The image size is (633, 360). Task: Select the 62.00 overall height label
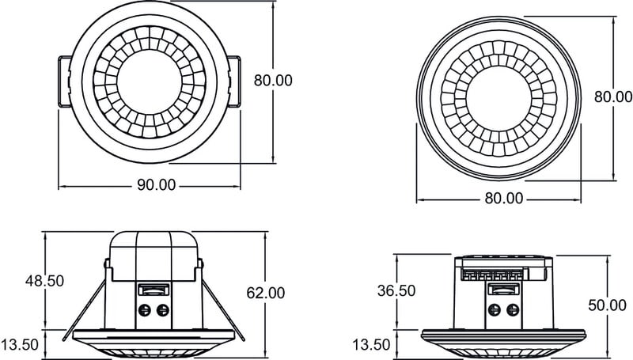(x=266, y=293)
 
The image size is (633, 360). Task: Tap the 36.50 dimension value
(x=396, y=290)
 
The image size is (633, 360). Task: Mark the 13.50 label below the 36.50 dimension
(x=371, y=344)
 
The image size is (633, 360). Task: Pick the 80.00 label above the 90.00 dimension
(x=273, y=80)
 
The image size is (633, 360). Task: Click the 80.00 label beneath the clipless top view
(x=503, y=199)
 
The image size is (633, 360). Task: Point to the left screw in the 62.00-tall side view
(x=145, y=310)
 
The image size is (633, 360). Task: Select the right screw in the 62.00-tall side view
(x=162, y=310)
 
